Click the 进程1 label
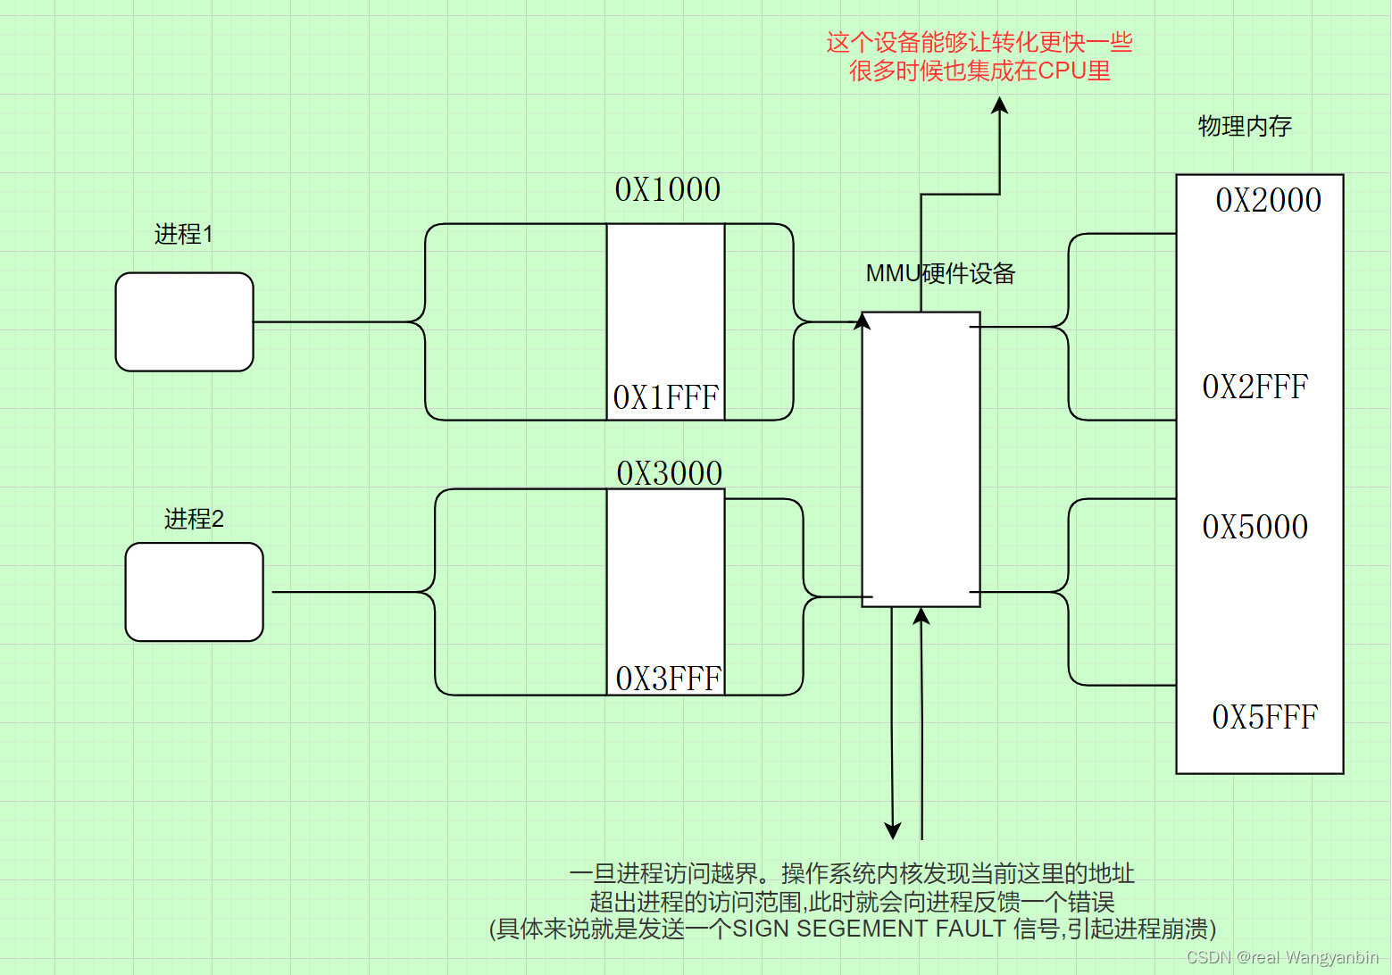pyautogui.click(x=184, y=234)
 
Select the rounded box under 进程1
pyautogui.click(x=185, y=321)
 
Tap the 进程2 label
pyautogui.click(x=194, y=519)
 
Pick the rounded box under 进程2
pyautogui.click(x=195, y=592)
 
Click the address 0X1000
pyautogui.click(x=667, y=189)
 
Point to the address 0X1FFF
pyautogui.click(x=666, y=397)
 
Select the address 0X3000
pyautogui.click(x=669, y=473)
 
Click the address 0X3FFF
pyautogui.click(x=668, y=679)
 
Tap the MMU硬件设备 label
pyautogui.click(x=940, y=273)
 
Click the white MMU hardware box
pyautogui.click(x=921, y=459)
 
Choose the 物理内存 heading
pyautogui.click(x=1245, y=126)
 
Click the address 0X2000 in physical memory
pyautogui.click(x=1268, y=200)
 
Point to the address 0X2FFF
pyautogui.click(x=1254, y=387)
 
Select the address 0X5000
pyautogui.click(x=1254, y=527)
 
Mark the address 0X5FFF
pyautogui.click(x=1264, y=717)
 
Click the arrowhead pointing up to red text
pyautogui.click(x=1000, y=104)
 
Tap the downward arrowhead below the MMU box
pyautogui.click(x=892, y=830)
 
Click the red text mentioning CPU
pyautogui.click(x=979, y=71)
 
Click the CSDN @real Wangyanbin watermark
pyautogui.click(x=1282, y=957)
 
